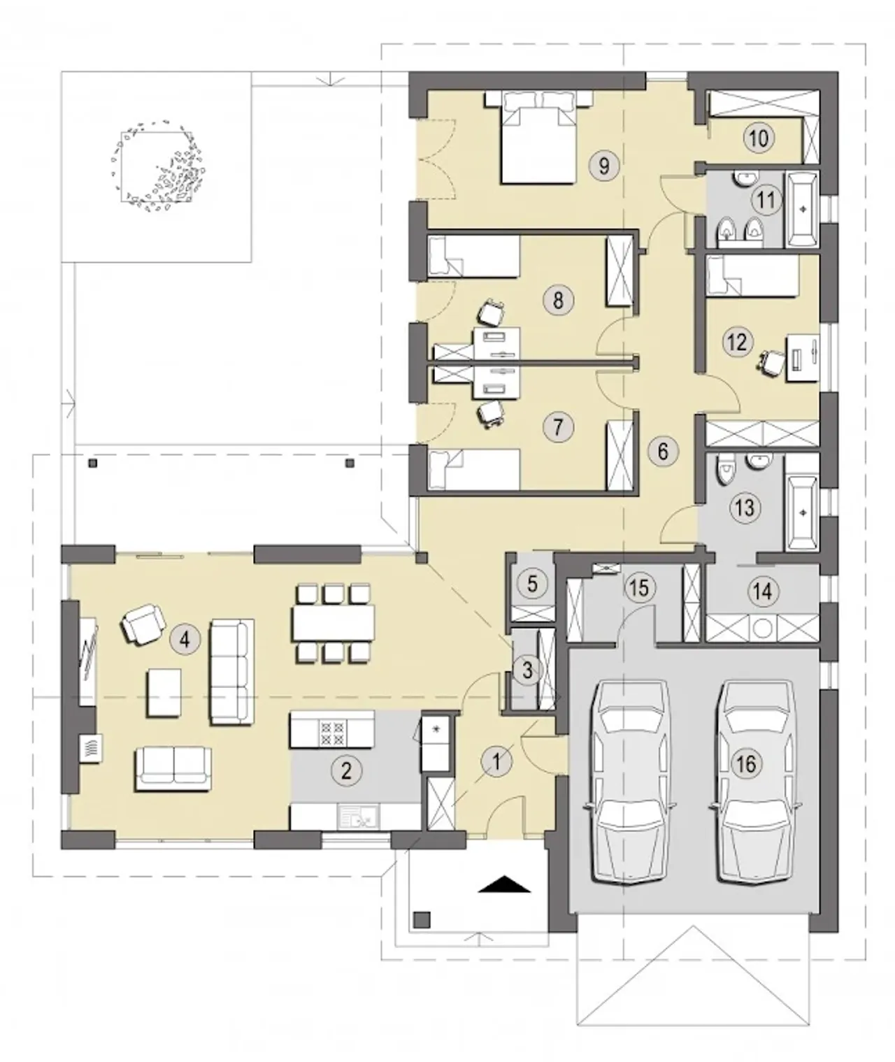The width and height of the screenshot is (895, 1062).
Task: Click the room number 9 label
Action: tap(604, 166)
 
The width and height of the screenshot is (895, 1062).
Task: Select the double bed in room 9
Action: tap(539, 137)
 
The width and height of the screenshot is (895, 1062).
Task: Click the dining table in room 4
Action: tap(334, 624)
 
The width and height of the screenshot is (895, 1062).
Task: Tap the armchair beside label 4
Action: tap(143, 624)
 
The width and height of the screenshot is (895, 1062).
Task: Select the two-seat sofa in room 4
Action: tap(173, 768)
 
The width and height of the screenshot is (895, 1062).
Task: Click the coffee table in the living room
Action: tap(164, 693)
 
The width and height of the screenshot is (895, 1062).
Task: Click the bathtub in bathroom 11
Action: tap(803, 210)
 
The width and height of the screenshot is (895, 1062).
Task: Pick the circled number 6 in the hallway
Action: tap(662, 451)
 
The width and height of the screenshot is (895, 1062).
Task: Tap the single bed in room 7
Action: tap(474, 469)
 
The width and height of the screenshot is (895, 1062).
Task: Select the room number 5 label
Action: tap(532, 583)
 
